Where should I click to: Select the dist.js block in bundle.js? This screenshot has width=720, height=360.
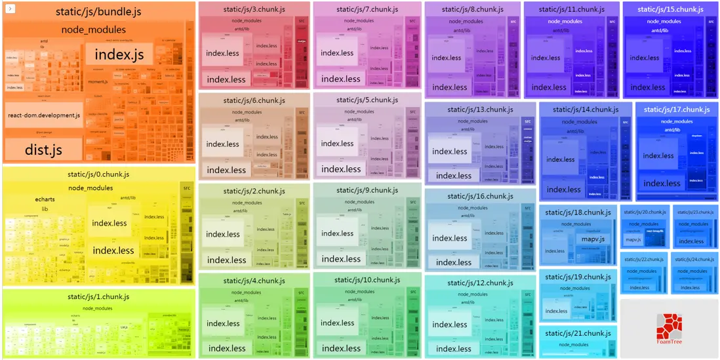43,150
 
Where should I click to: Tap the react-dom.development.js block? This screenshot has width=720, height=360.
44,115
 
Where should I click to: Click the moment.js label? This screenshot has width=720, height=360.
98,81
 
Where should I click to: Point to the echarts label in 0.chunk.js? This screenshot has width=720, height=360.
45,199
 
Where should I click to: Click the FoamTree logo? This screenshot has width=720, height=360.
669,327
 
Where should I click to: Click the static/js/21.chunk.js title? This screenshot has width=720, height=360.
578,334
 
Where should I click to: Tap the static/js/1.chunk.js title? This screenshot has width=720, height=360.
99,296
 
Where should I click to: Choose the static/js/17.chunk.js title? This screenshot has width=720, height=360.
677,110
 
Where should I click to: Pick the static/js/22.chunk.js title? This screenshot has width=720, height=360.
643,260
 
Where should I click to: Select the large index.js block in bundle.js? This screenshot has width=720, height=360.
119,54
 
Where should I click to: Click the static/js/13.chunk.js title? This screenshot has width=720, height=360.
481,110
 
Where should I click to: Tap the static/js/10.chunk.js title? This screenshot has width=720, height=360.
365,280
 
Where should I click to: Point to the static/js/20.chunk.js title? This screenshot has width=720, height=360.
644,212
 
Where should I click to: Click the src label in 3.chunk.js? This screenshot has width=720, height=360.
302,22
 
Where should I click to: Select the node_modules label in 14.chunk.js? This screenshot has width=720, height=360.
578,121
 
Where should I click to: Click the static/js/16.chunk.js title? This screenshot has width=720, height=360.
481,196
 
